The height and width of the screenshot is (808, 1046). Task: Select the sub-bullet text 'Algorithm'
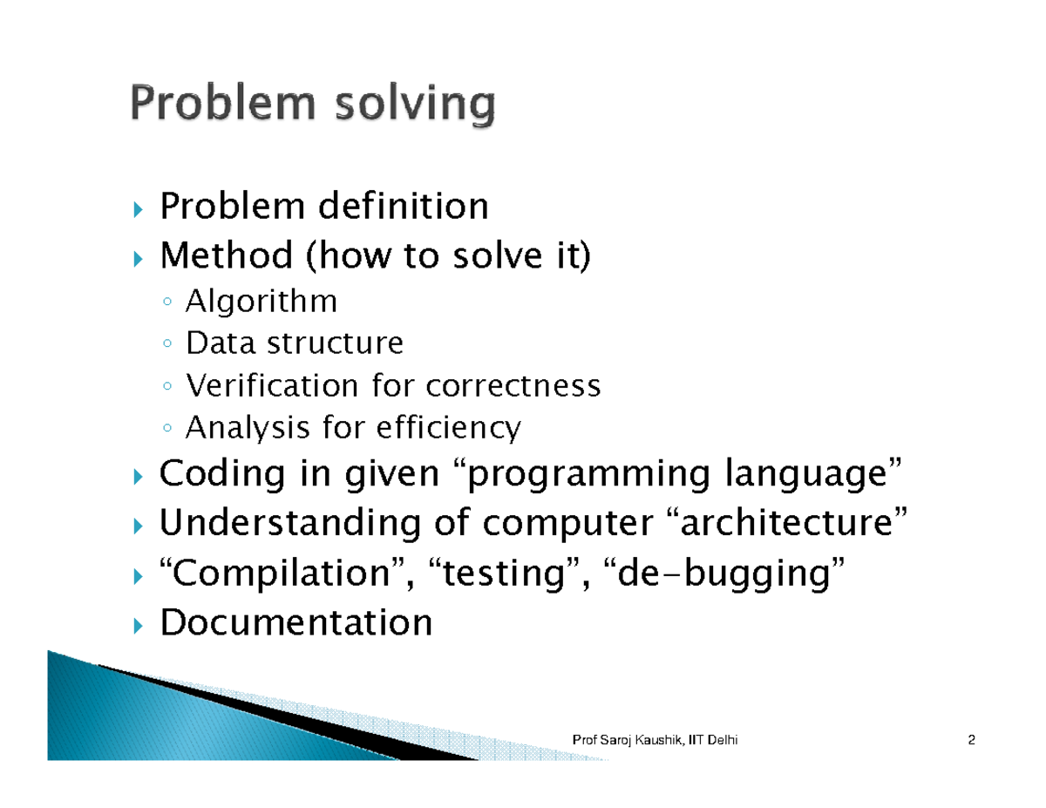click(261, 302)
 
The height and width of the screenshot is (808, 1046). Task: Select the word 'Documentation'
click(296, 623)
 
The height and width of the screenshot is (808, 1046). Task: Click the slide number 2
click(970, 741)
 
